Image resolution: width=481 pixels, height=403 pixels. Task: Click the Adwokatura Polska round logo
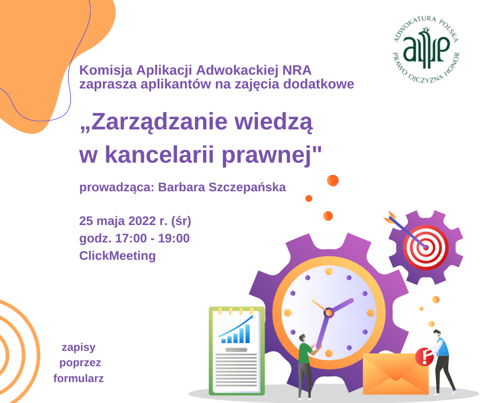[x=426, y=50]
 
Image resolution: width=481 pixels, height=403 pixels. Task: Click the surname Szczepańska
[x=247, y=187]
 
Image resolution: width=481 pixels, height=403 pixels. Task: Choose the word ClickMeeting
[x=118, y=256]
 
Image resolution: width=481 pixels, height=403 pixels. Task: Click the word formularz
[x=78, y=378]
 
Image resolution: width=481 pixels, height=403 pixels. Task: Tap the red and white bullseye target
[x=426, y=247]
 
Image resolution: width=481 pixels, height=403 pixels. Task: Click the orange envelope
[x=396, y=374]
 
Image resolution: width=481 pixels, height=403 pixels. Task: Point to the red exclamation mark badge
[x=424, y=356]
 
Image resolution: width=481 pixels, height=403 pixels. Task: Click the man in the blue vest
[x=442, y=362]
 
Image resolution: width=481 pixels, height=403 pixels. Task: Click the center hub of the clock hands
[x=329, y=312]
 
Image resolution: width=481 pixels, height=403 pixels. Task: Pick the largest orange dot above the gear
[x=333, y=181]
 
